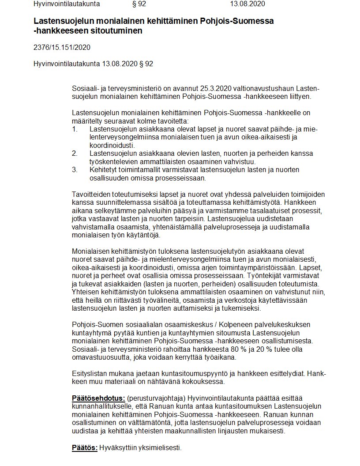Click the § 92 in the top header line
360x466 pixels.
(x=139, y=4)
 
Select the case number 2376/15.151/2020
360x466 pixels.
(x=62, y=47)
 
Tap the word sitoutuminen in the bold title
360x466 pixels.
(x=120, y=31)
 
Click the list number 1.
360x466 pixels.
(x=75, y=129)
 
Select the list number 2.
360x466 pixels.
(x=75, y=154)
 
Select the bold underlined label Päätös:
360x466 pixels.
(x=85, y=448)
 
